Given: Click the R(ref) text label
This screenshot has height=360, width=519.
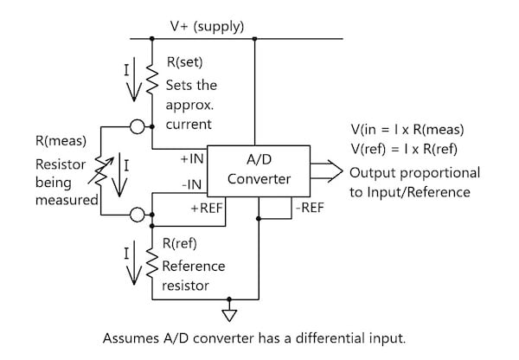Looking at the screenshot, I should (x=182, y=246).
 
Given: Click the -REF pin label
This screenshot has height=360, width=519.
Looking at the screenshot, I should (x=313, y=209).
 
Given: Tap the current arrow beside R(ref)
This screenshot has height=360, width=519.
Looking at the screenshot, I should (x=131, y=263).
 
